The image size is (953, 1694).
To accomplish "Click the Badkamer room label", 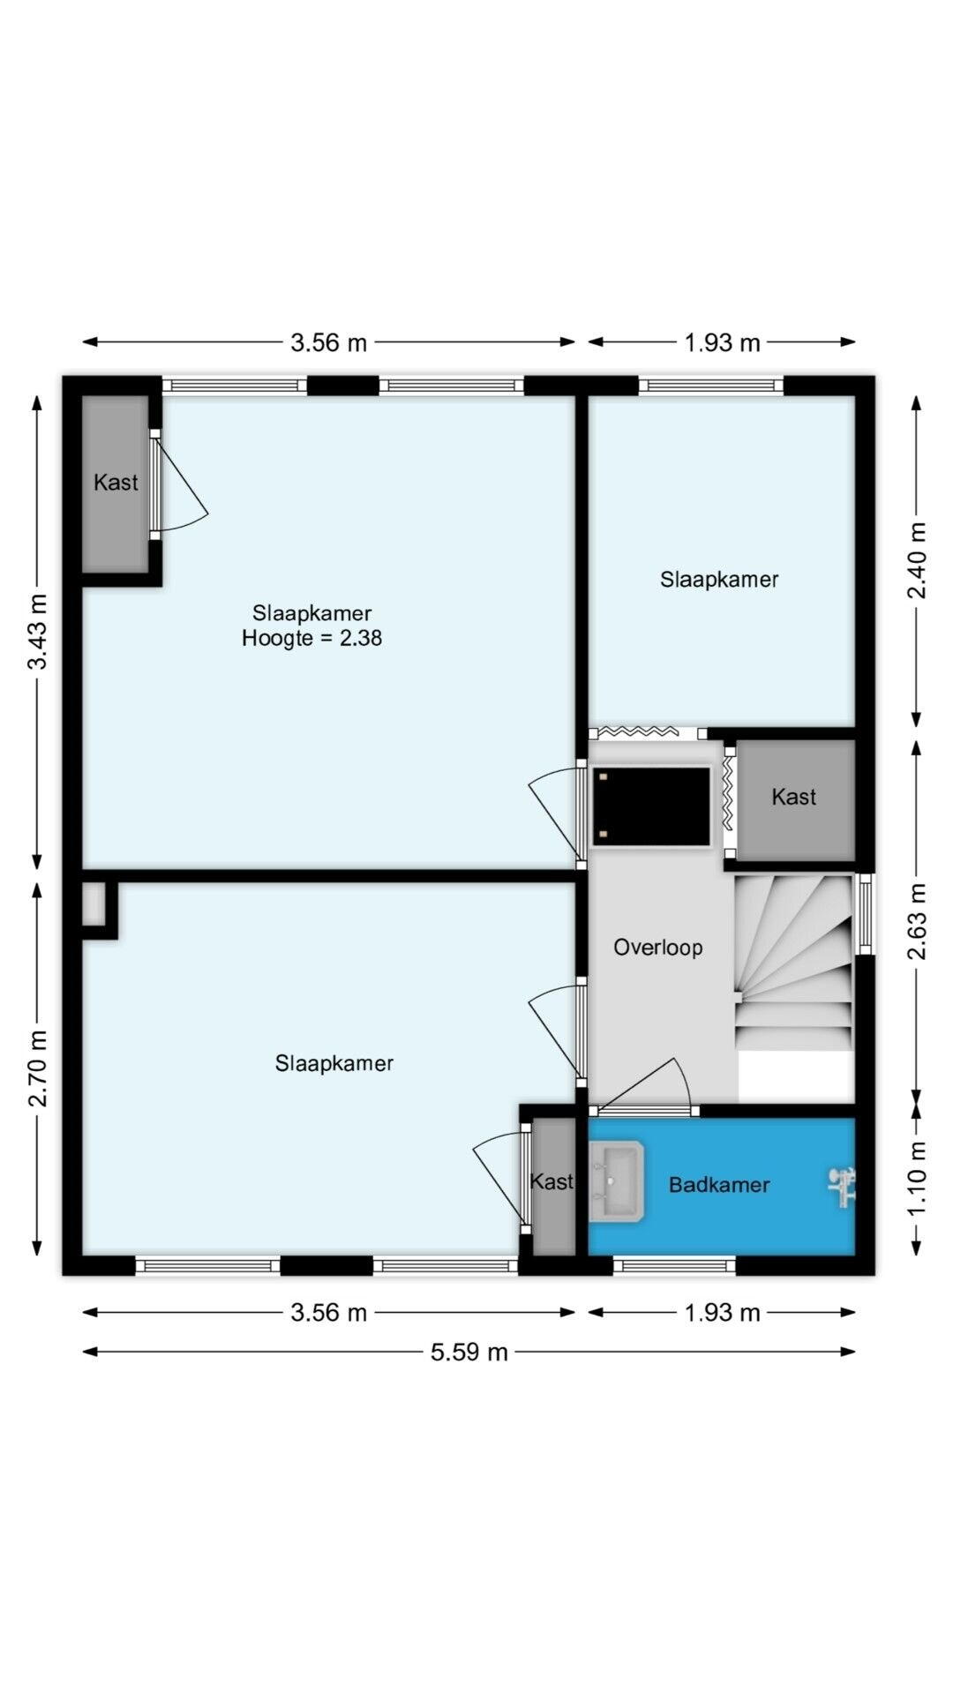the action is [719, 1185].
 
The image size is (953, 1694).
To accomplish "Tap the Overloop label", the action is [658, 948].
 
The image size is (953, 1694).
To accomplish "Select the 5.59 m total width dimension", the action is [469, 1352].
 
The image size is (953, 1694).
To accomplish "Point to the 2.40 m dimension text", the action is [918, 560].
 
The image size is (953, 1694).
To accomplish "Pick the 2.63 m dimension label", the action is [918, 919].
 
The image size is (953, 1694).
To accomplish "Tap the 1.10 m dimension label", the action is [918, 1178].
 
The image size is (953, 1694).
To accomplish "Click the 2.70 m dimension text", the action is [38, 1068].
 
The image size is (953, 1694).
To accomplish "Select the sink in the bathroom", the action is [616, 1181].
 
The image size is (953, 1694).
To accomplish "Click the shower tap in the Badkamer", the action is [842, 1186].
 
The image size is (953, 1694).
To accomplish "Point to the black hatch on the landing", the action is [651, 806].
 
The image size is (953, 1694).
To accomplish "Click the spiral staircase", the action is [794, 963].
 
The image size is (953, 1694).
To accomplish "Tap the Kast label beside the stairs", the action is [793, 797].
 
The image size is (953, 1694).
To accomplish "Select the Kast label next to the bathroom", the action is [552, 1181].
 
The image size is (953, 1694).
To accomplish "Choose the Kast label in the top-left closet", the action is [116, 483].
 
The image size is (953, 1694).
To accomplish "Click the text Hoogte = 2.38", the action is [311, 638].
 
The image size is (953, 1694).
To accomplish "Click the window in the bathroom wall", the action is [675, 1266].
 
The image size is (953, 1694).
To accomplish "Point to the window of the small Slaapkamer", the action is [711, 386].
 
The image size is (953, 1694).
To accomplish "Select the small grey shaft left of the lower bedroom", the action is [93, 904].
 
